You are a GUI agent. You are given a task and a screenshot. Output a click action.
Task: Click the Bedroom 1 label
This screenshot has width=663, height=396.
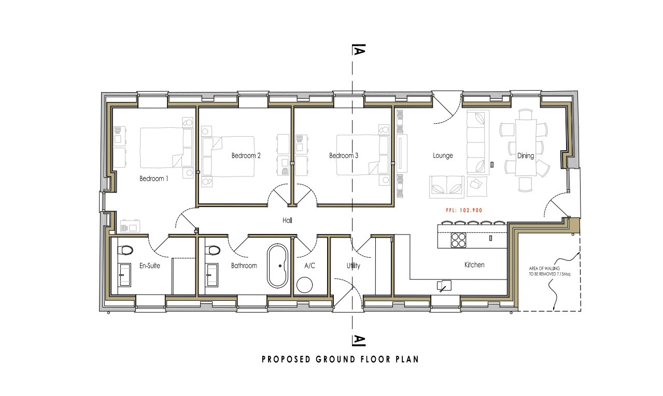[x=153, y=179]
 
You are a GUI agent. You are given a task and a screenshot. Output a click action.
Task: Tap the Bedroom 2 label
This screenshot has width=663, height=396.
[x=246, y=155]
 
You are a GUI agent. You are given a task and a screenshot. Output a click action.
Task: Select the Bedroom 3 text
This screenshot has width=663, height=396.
[x=344, y=155]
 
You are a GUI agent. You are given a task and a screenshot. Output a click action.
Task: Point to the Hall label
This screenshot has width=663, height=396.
[x=287, y=220]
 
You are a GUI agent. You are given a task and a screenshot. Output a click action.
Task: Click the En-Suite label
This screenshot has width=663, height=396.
[x=150, y=266]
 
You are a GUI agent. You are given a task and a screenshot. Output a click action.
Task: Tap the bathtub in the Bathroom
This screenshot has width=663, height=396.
[x=277, y=266]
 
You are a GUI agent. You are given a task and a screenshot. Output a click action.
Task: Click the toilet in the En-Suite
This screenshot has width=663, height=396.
[x=125, y=251]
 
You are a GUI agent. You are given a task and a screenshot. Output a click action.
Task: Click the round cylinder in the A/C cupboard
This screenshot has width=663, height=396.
[x=305, y=285]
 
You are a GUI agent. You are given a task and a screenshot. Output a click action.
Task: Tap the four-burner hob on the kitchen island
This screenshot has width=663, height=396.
[x=458, y=240]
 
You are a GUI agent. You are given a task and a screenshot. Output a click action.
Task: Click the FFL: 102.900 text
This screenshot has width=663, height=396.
[x=464, y=210]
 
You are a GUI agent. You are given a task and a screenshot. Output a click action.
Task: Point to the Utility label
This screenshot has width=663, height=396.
[x=354, y=266]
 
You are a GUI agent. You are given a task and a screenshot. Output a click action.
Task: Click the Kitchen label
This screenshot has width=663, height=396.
[x=474, y=265]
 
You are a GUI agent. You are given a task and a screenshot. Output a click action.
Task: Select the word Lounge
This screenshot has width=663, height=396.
[x=443, y=155]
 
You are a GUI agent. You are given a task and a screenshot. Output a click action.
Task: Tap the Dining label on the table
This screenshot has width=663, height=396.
[x=526, y=155]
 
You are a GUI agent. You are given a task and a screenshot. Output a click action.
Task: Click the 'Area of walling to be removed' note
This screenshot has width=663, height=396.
[x=549, y=271]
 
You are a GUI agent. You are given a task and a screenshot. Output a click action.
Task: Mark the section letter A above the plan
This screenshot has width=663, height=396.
[x=359, y=50]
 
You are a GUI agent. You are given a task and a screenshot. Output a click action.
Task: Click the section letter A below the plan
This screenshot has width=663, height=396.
[x=359, y=340]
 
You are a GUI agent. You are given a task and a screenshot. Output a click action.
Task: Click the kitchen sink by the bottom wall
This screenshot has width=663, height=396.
[x=444, y=285]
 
